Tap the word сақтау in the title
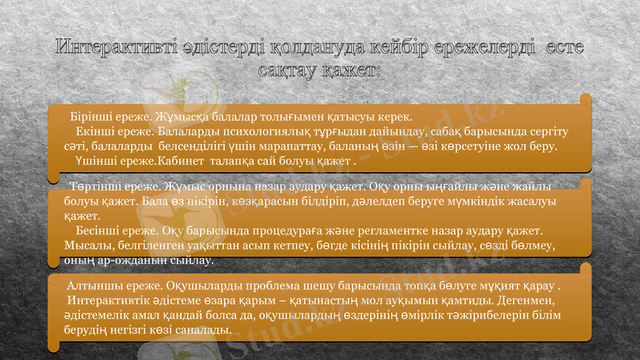tap(287, 70)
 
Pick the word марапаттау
tap(264, 146)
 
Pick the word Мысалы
tap(90, 245)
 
